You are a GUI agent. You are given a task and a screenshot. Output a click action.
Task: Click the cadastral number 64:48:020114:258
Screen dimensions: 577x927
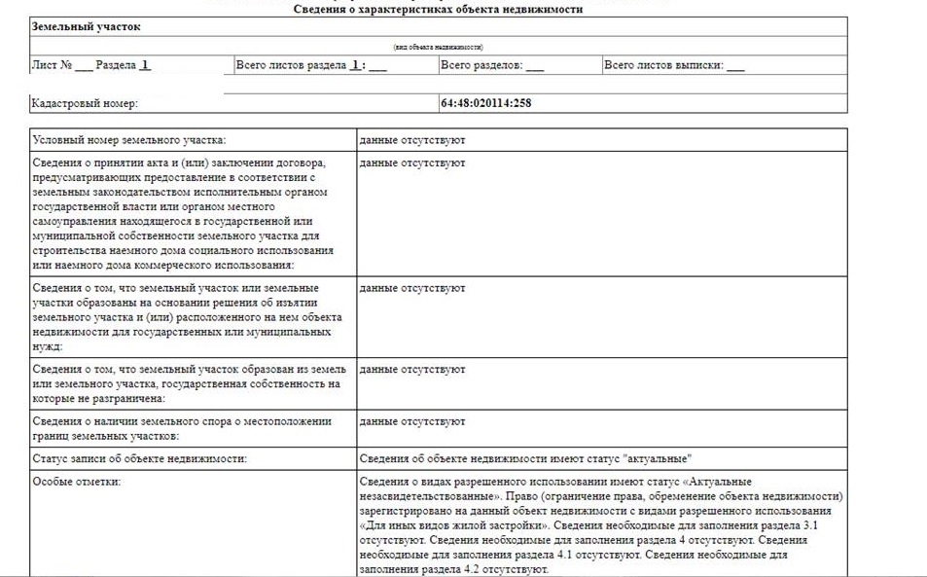pos(486,103)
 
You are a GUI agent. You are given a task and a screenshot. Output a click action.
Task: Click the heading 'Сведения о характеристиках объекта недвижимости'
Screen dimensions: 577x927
pos(438,9)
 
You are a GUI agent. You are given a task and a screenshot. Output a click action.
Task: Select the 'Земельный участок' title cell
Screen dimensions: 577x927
pos(87,27)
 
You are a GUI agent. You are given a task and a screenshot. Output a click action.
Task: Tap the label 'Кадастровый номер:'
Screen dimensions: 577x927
pos(86,103)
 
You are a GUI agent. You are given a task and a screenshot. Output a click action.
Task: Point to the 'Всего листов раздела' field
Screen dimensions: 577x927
pos(311,66)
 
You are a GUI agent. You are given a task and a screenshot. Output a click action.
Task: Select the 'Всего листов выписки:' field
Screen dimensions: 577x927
pos(673,66)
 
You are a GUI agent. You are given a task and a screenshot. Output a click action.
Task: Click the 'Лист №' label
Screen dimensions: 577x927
pos(53,66)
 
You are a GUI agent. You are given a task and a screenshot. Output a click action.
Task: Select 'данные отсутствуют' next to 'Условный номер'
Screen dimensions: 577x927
pos(412,140)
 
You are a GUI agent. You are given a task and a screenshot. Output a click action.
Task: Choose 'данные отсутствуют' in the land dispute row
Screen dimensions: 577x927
pos(412,421)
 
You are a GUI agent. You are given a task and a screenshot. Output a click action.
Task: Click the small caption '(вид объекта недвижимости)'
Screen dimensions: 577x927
pos(438,47)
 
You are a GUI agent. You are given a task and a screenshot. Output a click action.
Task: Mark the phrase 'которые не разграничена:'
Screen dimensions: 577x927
pos(98,398)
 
